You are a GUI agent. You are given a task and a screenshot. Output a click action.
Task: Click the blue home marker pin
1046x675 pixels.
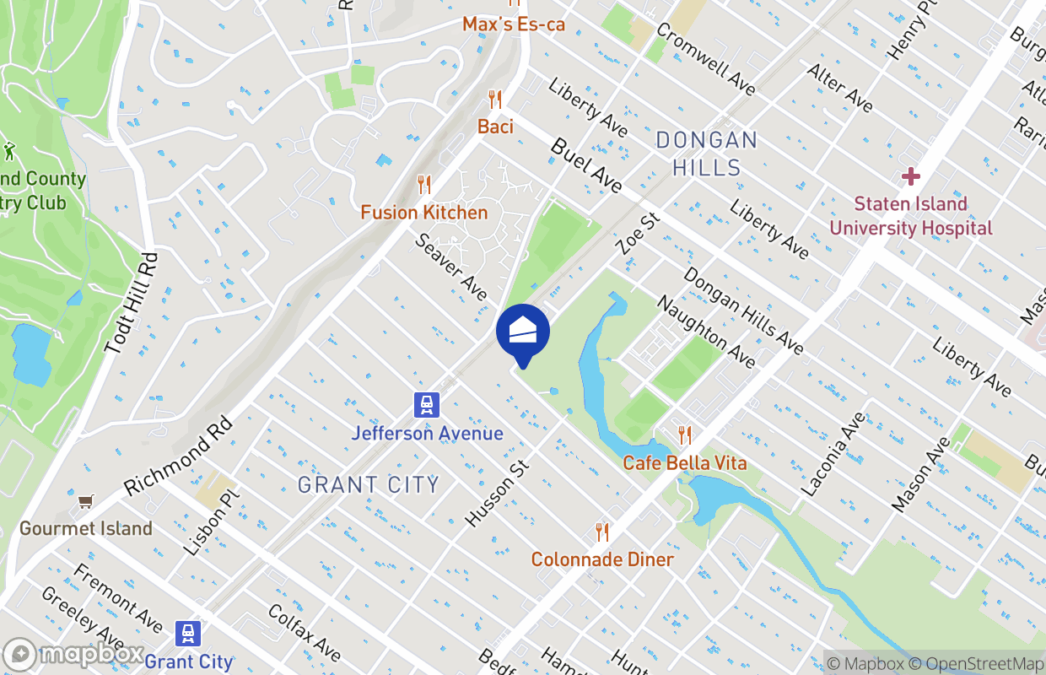point(523,332)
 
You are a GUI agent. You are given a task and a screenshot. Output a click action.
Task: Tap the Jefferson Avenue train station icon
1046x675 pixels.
point(427,406)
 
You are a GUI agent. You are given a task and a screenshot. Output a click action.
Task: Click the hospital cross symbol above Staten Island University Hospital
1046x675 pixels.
point(910,177)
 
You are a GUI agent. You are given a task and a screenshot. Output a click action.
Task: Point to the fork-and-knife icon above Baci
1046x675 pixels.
point(495,100)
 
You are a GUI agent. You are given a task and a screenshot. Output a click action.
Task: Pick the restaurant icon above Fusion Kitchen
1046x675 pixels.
point(424,185)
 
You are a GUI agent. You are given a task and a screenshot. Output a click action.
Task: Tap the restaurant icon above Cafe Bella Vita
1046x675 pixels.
point(685,435)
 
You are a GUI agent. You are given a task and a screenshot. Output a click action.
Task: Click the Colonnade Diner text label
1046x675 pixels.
point(602,559)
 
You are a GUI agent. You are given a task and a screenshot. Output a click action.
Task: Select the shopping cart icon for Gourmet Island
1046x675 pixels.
point(85,503)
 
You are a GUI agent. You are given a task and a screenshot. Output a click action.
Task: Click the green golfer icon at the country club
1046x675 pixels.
point(9,153)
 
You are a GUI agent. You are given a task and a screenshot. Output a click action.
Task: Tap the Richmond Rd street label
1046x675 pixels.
point(177,456)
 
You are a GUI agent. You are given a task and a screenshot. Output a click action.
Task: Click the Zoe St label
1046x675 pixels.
point(638,234)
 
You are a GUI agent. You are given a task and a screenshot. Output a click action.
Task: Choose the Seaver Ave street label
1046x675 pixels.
point(451,267)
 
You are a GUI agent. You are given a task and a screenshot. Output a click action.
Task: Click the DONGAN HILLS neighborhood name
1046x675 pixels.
point(707,154)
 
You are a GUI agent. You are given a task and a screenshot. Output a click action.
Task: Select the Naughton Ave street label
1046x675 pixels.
point(706,332)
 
